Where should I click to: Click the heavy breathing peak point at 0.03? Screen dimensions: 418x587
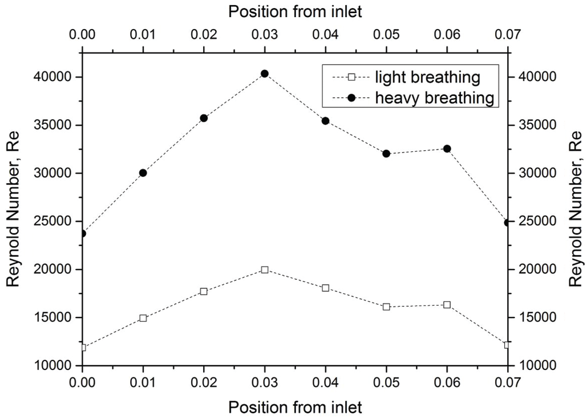[x=264, y=74]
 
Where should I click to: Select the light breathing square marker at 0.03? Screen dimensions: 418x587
[x=264, y=270]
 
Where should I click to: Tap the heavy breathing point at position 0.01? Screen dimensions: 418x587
[x=143, y=173]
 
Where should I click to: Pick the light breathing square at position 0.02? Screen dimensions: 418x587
[x=204, y=291]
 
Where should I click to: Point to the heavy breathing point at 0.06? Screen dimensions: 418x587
[x=447, y=148]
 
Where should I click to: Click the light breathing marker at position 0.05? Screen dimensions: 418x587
[x=386, y=307]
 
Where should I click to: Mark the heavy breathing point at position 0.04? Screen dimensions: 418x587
[x=325, y=121]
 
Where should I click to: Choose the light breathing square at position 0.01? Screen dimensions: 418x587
[x=143, y=318]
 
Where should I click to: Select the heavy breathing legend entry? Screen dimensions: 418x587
[x=434, y=98]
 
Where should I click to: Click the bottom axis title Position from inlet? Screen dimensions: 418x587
[x=295, y=407]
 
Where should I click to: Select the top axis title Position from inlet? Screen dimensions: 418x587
[x=295, y=10]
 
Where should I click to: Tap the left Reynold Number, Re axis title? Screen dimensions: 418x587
[x=14, y=209]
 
